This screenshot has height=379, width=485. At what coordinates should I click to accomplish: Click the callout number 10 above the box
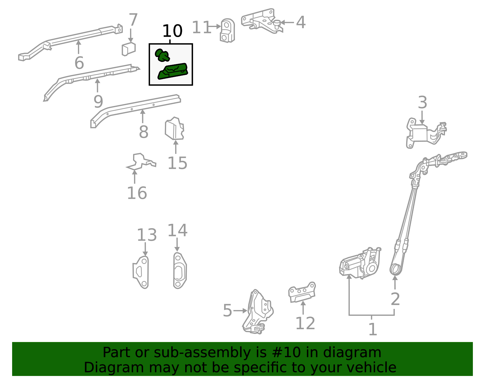(x=172, y=31)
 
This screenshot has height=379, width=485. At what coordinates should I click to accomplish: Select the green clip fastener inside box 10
(x=162, y=55)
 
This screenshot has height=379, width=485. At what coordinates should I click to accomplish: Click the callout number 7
(x=133, y=20)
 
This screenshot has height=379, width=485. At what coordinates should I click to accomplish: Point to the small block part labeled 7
(x=129, y=49)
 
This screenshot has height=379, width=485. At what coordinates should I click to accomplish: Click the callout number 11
(x=201, y=28)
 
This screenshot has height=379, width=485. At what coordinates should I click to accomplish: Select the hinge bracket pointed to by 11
(x=227, y=31)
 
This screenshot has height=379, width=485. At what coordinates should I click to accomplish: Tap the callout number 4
(x=301, y=22)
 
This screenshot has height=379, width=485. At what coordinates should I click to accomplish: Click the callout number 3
(x=422, y=103)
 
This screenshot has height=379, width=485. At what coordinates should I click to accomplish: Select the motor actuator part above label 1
(x=359, y=264)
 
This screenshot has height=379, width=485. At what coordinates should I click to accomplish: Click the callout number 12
(x=305, y=323)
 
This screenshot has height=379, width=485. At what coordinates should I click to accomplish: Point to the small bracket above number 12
(x=302, y=293)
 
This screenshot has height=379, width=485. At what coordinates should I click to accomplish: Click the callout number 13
(x=147, y=235)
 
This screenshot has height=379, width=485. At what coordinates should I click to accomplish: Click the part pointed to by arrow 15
(x=174, y=129)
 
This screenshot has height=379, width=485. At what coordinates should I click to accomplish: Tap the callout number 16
(x=137, y=193)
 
